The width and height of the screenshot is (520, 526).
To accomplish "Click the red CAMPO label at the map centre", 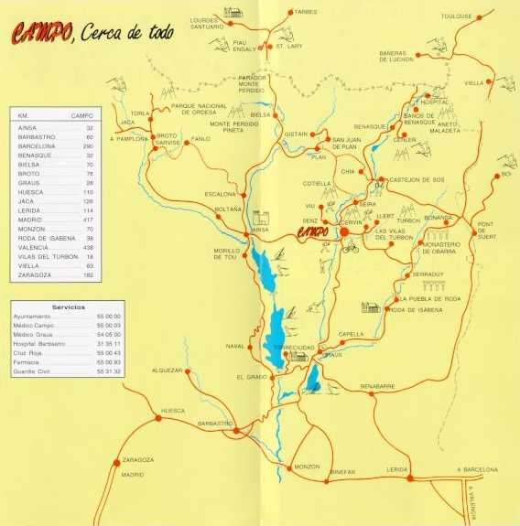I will [x=317, y=232].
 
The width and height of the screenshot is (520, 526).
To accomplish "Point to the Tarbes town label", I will [x=306, y=12].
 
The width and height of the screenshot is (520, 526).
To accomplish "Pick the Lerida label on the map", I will [x=396, y=468].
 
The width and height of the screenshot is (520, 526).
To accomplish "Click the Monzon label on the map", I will [x=308, y=467].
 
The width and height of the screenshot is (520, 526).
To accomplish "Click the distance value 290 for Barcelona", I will [x=88, y=146].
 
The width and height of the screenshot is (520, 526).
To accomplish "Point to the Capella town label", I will [x=351, y=334].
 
